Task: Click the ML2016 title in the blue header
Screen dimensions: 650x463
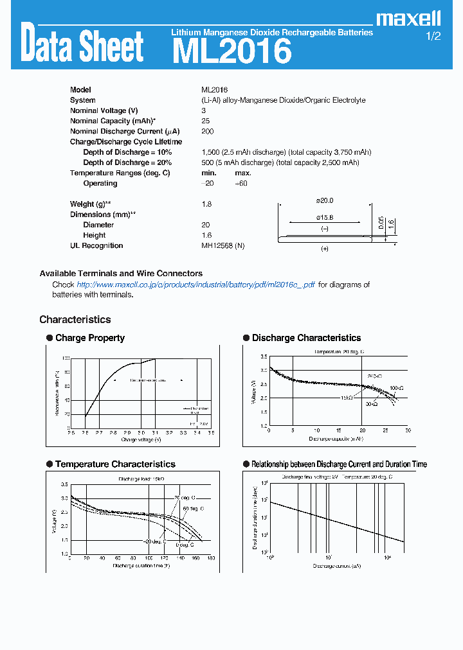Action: [x=232, y=51]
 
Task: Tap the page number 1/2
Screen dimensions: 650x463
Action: [x=433, y=37]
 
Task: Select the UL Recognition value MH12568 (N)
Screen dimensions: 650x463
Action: [x=222, y=245]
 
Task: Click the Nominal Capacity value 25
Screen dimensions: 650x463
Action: [x=205, y=121]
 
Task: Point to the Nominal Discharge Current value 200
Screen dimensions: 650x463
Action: [x=207, y=131]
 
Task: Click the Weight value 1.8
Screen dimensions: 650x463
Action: [x=206, y=204]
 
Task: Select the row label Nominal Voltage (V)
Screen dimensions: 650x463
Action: [x=104, y=110]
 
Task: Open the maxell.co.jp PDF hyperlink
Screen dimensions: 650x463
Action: [x=195, y=285]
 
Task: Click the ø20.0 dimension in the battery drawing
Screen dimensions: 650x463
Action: [x=325, y=201]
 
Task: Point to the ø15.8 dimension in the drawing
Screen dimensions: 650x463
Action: [x=325, y=217]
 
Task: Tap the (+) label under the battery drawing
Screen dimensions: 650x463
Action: [x=324, y=249]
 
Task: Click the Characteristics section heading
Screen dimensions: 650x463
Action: [x=75, y=319]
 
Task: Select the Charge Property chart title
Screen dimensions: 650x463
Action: [x=89, y=338]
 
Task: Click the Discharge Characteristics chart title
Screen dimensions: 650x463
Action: [x=306, y=338]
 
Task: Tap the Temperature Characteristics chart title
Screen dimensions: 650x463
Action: [x=115, y=464]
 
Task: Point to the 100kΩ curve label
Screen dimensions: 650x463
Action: [x=396, y=388]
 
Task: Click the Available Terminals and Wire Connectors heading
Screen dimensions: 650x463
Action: [x=121, y=273]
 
